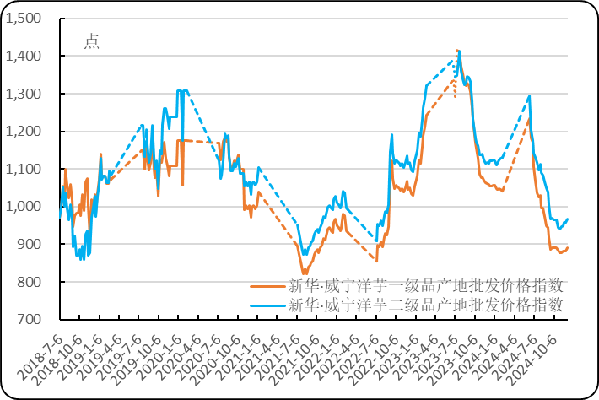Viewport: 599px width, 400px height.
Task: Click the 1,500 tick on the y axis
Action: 24,19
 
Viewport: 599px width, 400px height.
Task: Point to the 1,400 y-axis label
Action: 24,56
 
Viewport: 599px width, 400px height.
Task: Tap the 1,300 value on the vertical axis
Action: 24,94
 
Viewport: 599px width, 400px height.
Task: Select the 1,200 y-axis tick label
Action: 24,132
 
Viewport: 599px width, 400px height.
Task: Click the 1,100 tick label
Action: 24,169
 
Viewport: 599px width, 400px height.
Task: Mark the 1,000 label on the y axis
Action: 24,207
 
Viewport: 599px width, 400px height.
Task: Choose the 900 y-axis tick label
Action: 29,244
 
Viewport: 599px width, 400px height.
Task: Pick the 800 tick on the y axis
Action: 29,282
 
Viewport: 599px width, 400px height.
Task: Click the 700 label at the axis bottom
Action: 29,319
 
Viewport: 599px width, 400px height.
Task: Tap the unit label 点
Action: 92,42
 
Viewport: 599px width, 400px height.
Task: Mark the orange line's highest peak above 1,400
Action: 457,51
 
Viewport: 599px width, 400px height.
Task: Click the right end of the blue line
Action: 568,219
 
